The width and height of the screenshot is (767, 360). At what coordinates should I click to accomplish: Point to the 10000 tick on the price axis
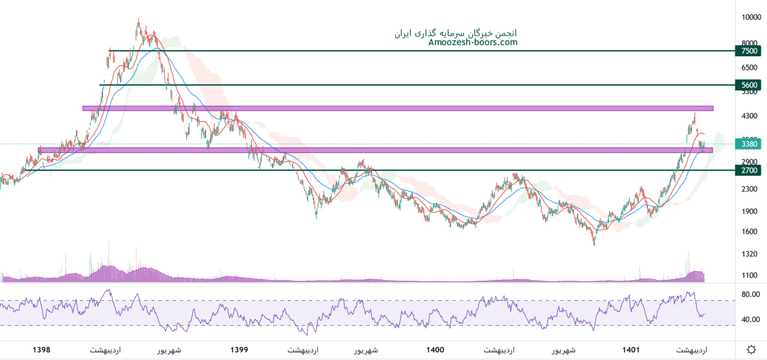[751, 17]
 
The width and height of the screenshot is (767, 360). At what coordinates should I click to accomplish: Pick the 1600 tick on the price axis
[750, 232]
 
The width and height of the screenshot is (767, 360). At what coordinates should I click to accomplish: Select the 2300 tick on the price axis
[750, 189]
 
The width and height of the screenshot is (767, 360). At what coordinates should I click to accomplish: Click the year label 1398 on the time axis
[41, 350]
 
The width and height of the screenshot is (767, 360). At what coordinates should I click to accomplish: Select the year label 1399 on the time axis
[238, 350]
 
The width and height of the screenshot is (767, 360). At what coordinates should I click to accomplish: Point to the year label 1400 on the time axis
[436, 350]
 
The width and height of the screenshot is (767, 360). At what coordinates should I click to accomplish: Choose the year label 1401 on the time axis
[631, 350]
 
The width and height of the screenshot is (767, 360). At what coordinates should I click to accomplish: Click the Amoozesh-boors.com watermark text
[473, 43]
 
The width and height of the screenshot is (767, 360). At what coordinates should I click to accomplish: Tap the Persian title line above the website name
[455, 33]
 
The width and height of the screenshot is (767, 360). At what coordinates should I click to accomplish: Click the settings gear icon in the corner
[751, 350]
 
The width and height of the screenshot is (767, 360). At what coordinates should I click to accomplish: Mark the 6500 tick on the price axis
[750, 69]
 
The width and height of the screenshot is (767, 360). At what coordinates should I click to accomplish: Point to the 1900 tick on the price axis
[750, 211]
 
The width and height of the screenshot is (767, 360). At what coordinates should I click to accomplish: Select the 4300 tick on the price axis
[750, 116]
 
